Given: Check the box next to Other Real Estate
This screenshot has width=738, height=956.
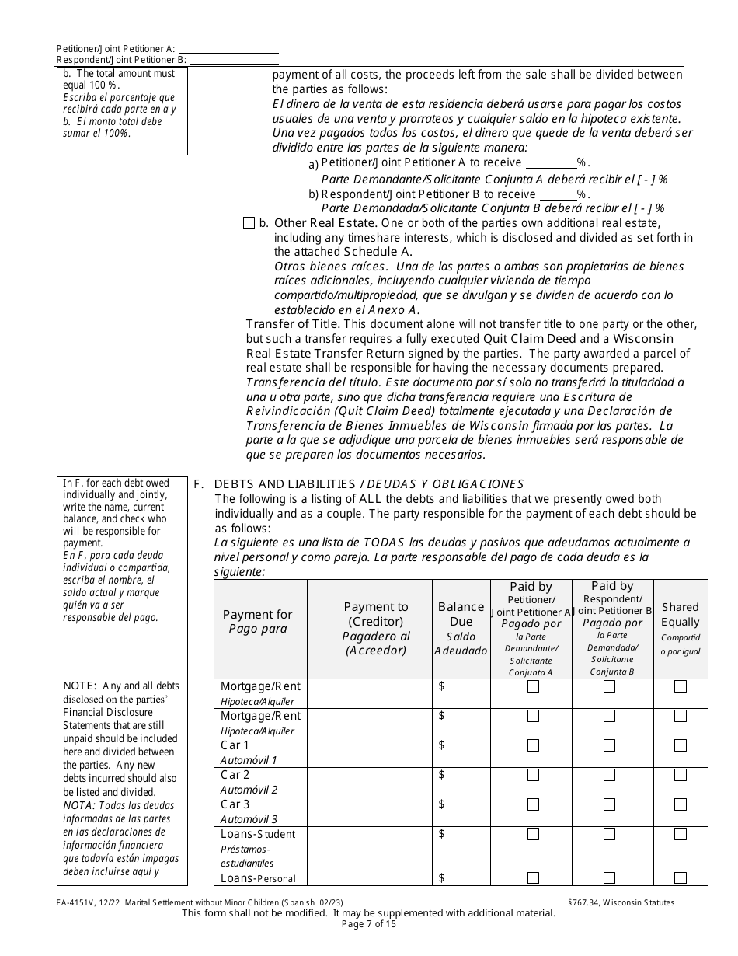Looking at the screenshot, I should tap(249, 223).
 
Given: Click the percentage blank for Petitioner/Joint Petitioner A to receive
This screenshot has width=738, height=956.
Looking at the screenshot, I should tap(551, 163).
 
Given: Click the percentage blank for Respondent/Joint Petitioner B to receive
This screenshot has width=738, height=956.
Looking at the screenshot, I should tap(557, 194).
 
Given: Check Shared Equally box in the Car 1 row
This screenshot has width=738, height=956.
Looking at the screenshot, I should tap(681, 745).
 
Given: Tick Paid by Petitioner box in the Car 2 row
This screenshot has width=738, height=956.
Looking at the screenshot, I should tap(533, 775).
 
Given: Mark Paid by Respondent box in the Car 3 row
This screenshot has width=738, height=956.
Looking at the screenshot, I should tap(609, 804).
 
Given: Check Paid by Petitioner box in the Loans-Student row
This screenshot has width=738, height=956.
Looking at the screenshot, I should tap(533, 834).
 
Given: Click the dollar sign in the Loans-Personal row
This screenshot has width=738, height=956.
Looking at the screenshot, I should tap(442, 878).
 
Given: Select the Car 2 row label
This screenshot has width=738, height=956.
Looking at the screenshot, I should tap(235, 775).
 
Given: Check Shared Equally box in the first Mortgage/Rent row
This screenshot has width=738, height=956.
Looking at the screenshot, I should tap(681, 686).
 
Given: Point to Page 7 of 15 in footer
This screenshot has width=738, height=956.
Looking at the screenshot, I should tap(368, 924).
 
